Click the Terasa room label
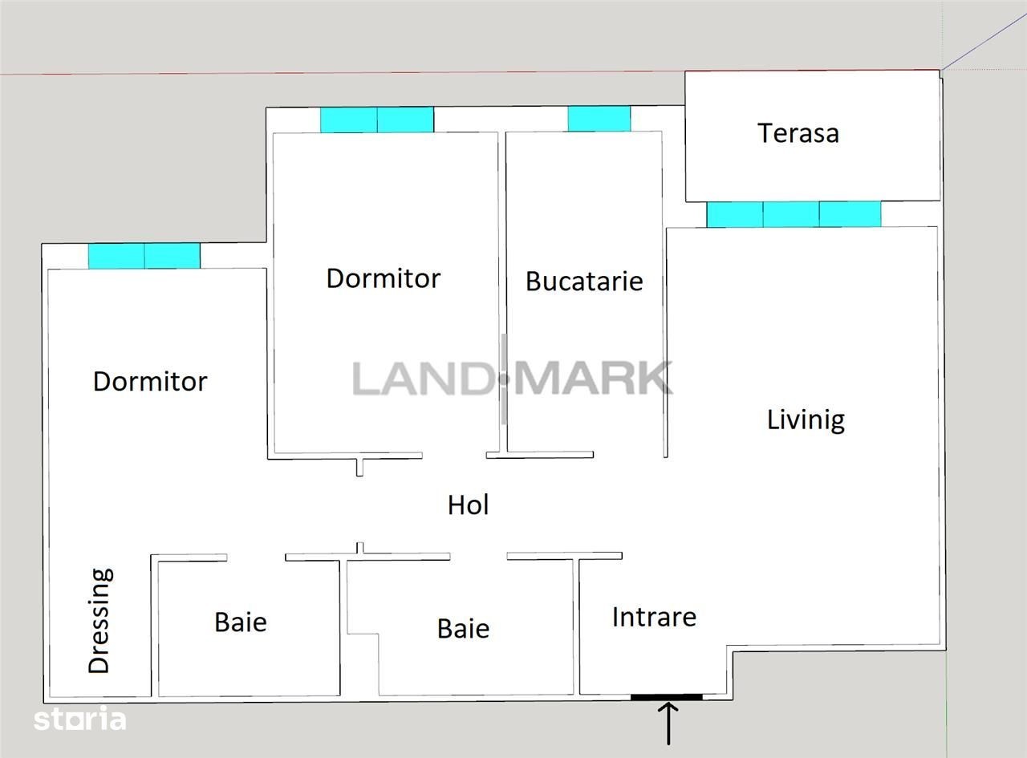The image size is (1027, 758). coord(798,133)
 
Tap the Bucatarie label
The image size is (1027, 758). coord(584,281)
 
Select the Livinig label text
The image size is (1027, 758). coord(806,420)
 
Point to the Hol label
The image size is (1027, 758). coord(468,505)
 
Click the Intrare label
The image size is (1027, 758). coord(654,617)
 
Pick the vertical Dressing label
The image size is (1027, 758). coord(99,621)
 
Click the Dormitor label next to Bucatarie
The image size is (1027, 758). coord(384,278)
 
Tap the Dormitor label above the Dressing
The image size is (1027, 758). coord(150,382)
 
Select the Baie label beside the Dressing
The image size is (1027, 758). coord(241,622)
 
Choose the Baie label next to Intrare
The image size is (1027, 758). coord(463,628)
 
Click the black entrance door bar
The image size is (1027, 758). coord(666,697)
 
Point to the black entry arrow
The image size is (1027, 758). coord(668,724)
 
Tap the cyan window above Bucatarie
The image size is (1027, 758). coord(599,119)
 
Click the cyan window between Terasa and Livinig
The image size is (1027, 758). coord(794,214)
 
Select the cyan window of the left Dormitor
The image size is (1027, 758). coord(144,256)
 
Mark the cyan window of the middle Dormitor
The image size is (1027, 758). coord(377,120)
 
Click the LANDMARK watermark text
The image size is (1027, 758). coord(513,379)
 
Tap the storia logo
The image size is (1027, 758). coord(79,719)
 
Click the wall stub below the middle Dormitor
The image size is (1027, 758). coord(359,467)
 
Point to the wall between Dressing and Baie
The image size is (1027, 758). coord(155,625)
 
